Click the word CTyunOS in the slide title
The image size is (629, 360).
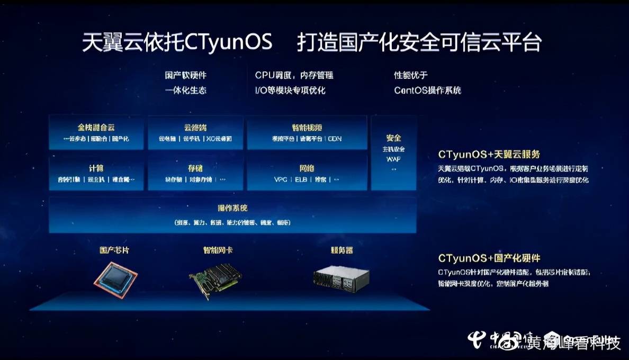[x=229, y=43]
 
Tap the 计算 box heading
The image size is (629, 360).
[x=96, y=168]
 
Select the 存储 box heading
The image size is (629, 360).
[x=195, y=168]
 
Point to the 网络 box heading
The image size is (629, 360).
[x=307, y=168]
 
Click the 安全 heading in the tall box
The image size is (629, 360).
[x=394, y=138]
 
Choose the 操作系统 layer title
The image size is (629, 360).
[x=232, y=208]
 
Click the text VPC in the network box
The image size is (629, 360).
[x=281, y=180]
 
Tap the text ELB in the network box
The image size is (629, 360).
[x=301, y=180]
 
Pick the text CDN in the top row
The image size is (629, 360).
[x=335, y=139]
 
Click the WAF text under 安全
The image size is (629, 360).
[x=393, y=159]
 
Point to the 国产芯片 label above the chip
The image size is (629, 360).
[x=114, y=250]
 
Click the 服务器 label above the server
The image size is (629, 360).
[x=342, y=250]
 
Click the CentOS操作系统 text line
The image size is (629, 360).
[x=427, y=90]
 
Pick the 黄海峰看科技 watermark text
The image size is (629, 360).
[x=574, y=343]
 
